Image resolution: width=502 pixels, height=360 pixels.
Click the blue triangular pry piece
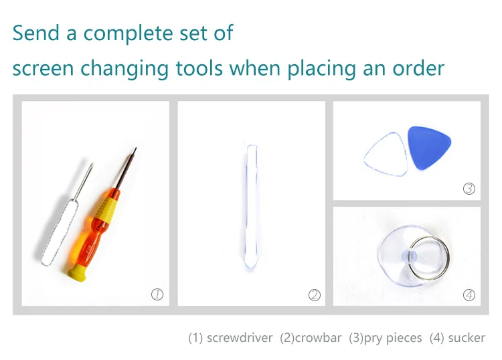(428, 147)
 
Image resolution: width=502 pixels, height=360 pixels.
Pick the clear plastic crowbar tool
(251, 206)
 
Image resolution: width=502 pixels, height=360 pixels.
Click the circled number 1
(157, 294)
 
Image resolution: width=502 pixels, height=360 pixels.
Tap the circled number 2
(314, 294)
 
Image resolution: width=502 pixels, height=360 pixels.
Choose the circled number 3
(469, 189)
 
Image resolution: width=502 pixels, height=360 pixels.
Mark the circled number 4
(469, 294)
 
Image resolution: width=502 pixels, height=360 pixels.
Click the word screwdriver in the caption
(240, 338)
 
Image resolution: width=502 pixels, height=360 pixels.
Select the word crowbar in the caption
(318, 338)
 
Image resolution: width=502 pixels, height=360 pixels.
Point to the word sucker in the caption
(467, 338)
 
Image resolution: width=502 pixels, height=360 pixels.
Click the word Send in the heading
(36, 33)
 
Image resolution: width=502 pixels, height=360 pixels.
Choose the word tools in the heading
(199, 68)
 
